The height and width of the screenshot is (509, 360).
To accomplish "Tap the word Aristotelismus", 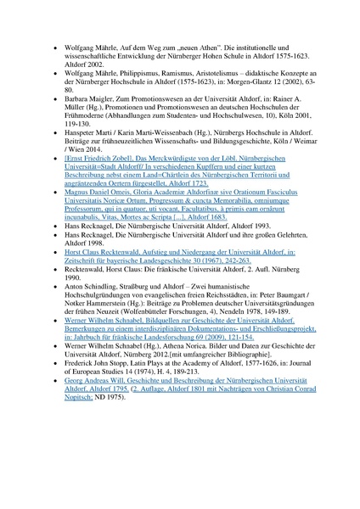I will [x=219, y=74].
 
